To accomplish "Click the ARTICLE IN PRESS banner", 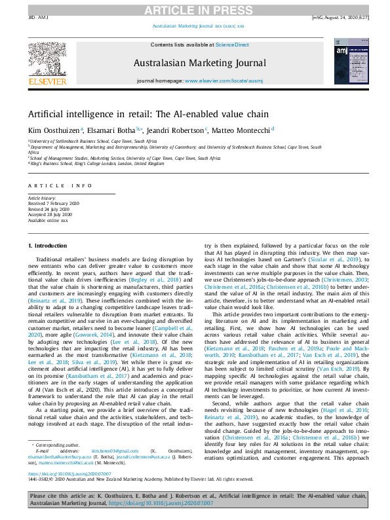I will (x=195, y=9).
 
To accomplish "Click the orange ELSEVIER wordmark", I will (x=47, y=82).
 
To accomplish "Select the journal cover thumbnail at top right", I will (x=343, y=63).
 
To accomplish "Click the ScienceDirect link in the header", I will (x=233, y=45).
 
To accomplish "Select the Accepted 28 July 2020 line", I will (x=52, y=213).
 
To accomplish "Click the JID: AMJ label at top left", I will (x=39, y=18).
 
